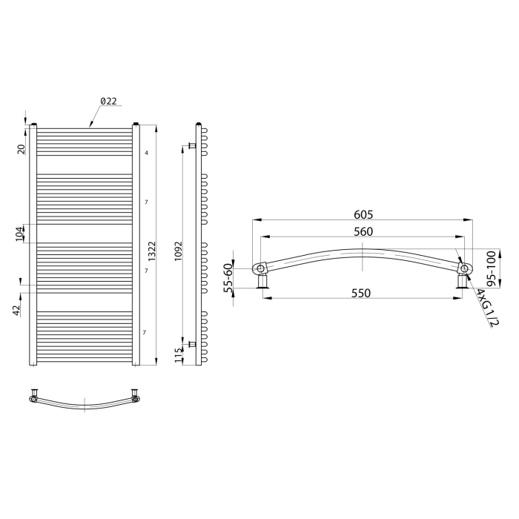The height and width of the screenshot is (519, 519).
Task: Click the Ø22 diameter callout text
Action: (108, 101)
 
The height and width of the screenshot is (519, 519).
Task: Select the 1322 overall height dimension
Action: (151, 251)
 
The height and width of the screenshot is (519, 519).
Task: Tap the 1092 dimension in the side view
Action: (179, 251)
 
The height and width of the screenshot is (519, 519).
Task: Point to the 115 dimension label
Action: (179, 355)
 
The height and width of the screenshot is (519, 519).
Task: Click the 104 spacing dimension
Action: (20, 234)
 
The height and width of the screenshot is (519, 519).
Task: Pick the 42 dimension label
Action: (16, 311)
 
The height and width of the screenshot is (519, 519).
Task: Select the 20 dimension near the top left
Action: (21, 149)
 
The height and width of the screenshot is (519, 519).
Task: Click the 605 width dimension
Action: (363, 215)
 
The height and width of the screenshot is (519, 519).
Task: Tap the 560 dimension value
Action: (363, 231)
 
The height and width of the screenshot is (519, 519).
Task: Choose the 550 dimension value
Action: (361, 294)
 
